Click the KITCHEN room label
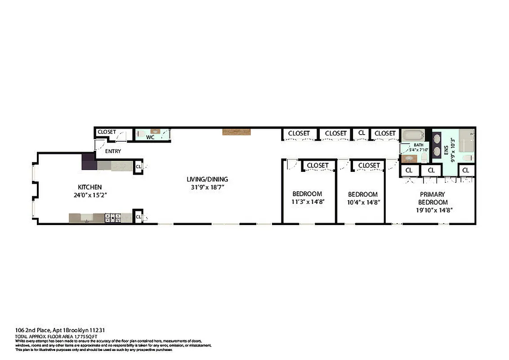(x=90, y=187)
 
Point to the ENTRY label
(x=113, y=151)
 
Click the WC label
(x=150, y=137)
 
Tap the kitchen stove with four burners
(x=113, y=218)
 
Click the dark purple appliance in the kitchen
(x=89, y=162)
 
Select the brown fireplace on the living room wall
(x=237, y=132)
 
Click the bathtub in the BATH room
(x=412, y=135)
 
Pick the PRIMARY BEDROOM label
(x=433, y=198)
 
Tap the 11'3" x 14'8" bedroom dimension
(x=308, y=202)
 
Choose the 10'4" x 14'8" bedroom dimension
(x=364, y=202)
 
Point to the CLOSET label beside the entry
(x=107, y=132)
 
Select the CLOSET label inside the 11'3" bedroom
(x=318, y=166)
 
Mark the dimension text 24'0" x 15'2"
(x=90, y=195)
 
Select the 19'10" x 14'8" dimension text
(x=433, y=210)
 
